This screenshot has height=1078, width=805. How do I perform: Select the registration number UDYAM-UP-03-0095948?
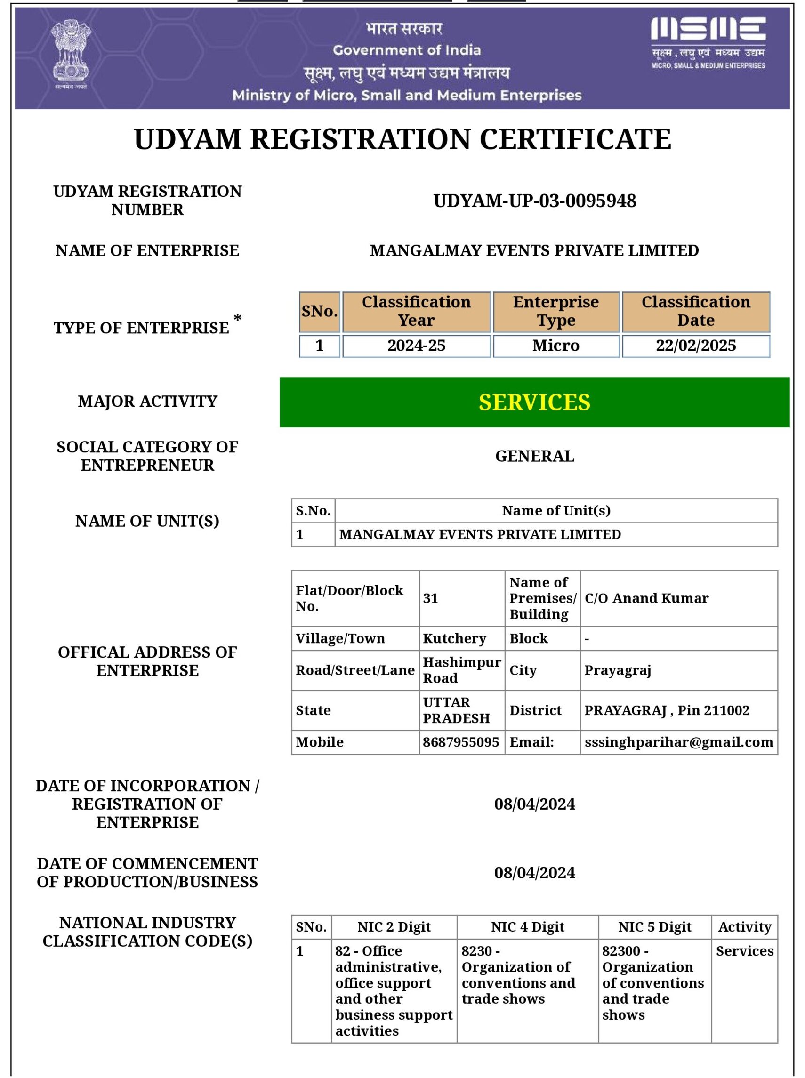click(535, 201)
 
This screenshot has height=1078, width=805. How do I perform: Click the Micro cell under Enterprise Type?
click(555, 346)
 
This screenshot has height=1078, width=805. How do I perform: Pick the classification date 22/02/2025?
click(695, 346)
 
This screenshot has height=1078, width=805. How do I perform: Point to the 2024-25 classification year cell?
click(416, 346)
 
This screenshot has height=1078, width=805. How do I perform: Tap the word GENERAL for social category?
click(535, 456)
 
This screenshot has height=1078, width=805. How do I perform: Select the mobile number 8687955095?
click(460, 742)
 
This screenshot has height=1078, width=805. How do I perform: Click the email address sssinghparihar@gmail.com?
click(678, 742)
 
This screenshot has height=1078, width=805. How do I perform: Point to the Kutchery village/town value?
click(454, 638)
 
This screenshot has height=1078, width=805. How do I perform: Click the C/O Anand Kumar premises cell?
click(646, 598)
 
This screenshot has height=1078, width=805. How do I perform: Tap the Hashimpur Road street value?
click(461, 670)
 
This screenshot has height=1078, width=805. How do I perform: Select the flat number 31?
click(430, 598)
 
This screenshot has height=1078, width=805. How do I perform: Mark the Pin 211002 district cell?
click(667, 710)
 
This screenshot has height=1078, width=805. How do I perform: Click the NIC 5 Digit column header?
click(654, 927)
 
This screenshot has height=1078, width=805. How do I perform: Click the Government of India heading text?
click(407, 50)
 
